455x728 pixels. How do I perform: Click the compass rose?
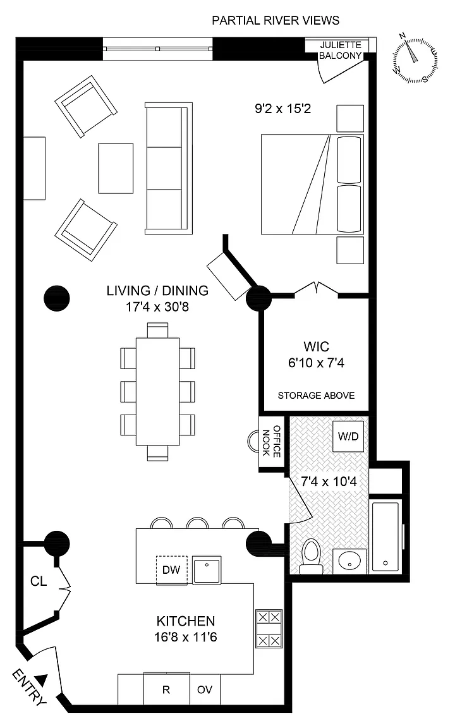[x=415, y=59]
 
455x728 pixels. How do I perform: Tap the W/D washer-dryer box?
[x=348, y=437]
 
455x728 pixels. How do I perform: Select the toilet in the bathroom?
[x=311, y=556]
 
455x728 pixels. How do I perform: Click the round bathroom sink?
[x=349, y=561]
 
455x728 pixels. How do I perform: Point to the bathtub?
[x=386, y=537]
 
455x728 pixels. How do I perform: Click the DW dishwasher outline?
[x=171, y=569]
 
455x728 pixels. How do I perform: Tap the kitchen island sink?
[x=207, y=569]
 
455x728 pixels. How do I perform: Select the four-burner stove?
[x=269, y=629]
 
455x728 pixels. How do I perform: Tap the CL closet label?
[x=39, y=581]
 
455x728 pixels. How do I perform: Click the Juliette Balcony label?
[x=341, y=50]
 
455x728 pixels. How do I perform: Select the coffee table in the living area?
[x=116, y=168]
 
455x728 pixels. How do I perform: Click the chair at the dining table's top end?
[x=157, y=330]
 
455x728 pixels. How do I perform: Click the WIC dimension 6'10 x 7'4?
[x=316, y=363]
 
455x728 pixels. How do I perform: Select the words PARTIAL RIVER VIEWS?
[x=276, y=20]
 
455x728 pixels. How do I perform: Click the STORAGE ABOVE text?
[x=316, y=396]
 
